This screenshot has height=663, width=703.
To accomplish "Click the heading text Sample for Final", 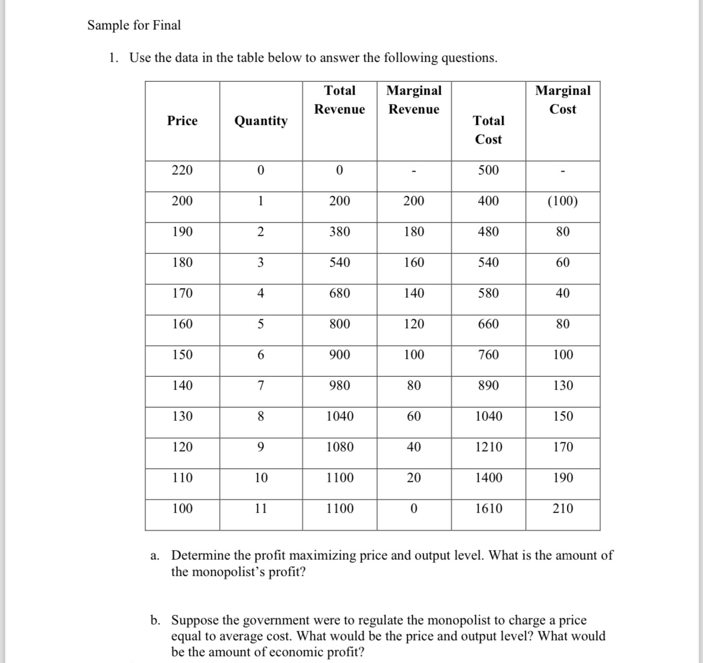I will pyautogui.click(x=134, y=25).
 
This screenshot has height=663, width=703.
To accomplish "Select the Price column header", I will pyautogui.click(x=182, y=121).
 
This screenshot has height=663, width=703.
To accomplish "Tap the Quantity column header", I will pyautogui.click(x=261, y=121).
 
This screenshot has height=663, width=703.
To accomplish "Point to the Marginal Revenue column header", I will pyautogui.click(x=414, y=99).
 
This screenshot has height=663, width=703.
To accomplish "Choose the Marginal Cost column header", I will pyautogui.click(x=563, y=99).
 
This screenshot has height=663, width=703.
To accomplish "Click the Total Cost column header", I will pyautogui.click(x=488, y=130).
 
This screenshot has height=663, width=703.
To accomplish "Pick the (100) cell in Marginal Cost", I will pyautogui.click(x=563, y=201).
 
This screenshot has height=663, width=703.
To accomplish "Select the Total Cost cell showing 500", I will pyautogui.click(x=488, y=170).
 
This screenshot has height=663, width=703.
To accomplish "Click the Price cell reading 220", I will pyautogui.click(x=182, y=170).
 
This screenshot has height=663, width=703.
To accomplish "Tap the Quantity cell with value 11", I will pyautogui.click(x=261, y=509).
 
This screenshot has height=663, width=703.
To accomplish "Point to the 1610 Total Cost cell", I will pyautogui.click(x=488, y=509).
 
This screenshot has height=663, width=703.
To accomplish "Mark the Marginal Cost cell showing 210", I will pyautogui.click(x=563, y=509).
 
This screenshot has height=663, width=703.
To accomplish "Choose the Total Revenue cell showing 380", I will pyautogui.click(x=340, y=232).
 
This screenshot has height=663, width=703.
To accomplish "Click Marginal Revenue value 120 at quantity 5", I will pyautogui.click(x=414, y=324).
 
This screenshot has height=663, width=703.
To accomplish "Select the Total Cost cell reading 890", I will pyautogui.click(x=488, y=386).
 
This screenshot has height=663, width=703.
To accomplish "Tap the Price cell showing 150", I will pyautogui.click(x=182, y=355).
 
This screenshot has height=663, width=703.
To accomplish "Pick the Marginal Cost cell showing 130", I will pyautogui.click(x=563, y=386).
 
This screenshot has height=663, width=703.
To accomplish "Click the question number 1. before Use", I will pyautogui.click(x=113, y=58).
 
